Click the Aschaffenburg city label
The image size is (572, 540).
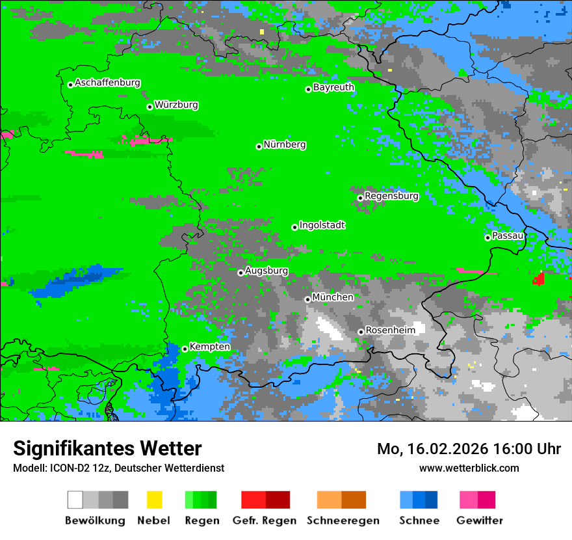(107, 83)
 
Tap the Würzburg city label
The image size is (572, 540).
(176, 105)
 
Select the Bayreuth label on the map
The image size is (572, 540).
(333, 87)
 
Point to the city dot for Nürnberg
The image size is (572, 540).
(259, 146)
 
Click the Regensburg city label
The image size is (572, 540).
(391, 196)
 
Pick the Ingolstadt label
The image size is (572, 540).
(322, 225)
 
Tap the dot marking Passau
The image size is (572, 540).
(487, 237)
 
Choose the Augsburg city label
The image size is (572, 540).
(266, 271)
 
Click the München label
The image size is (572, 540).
(333, 297)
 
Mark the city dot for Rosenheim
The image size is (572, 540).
(361, 332)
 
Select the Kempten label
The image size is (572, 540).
(209, 347)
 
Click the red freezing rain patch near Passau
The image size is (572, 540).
(539, 279)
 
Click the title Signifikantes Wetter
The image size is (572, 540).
(107, 448)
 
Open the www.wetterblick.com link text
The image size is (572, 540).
(469, 468)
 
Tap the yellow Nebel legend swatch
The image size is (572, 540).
(154, 500)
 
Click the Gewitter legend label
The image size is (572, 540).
(479, 520)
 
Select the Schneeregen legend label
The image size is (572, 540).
(343, 520)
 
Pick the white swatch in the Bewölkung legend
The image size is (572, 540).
(75, 500)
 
